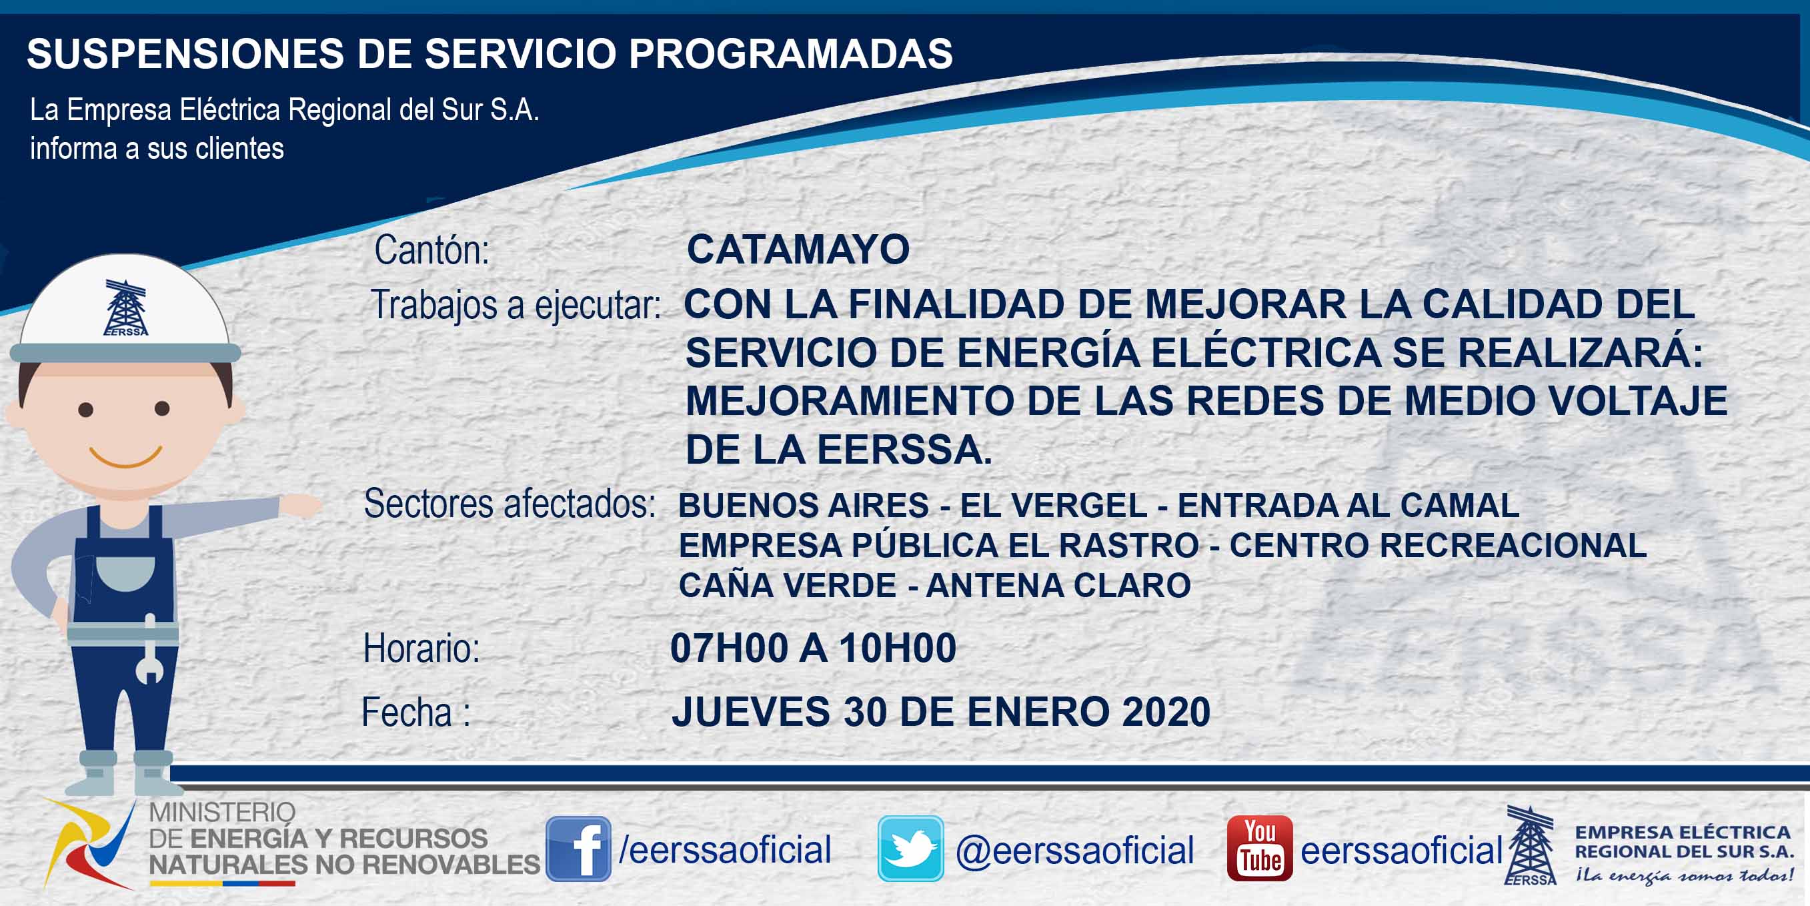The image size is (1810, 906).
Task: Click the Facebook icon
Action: pos(578,849)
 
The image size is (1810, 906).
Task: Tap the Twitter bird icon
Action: pos(910,849)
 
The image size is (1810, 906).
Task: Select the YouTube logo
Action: pos(1260,849)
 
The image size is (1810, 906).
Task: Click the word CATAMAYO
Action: pos(798,250)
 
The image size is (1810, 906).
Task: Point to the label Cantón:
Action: pos(431,250)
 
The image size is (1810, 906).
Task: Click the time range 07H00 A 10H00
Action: pos(813,647)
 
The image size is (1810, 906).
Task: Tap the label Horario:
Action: pos(421,648)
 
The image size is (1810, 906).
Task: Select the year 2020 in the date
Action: pos(1166,711)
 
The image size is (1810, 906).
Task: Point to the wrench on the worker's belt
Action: pos(149,650)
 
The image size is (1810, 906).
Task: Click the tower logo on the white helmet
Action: pos(125,308)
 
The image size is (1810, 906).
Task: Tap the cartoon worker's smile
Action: pos(126,456)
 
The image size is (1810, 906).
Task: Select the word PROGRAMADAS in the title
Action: pos(790,53)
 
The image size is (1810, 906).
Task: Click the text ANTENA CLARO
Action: pos(1058,586)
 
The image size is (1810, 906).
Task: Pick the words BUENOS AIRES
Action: pos(804,505)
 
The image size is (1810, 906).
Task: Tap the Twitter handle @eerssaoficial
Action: pos(1074,851)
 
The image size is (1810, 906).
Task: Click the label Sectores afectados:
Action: pos(510,504)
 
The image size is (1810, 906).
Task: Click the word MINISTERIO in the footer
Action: pos(222,813)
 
